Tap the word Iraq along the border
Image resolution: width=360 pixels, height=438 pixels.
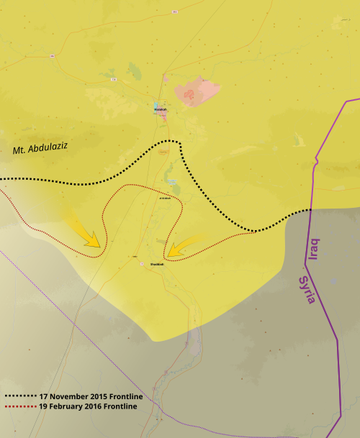click(315, 250)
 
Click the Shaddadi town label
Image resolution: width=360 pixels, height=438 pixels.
click(157, 264)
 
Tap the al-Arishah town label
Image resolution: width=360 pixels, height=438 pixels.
click(165, 199)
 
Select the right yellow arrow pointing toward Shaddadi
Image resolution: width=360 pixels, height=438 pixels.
click(181, 247)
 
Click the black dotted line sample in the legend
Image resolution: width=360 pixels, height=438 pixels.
click(20, 396)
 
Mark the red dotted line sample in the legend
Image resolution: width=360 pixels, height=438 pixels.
click(20, 406)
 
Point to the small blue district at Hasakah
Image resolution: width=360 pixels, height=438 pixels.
click(157, 108)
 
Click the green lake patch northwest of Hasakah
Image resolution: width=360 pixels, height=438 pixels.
click(135, 70)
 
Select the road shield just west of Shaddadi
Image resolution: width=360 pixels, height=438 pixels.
click(142, 263)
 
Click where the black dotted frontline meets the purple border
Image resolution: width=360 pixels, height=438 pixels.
click(311, 209)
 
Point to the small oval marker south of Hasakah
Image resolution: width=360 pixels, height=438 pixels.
click(163, 152)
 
